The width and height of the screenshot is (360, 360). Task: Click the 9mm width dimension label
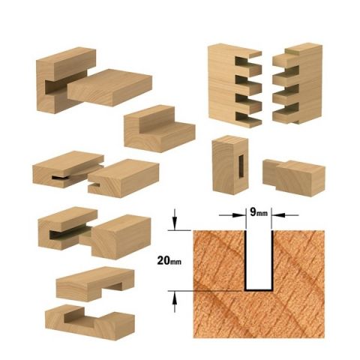[x=259, y=212]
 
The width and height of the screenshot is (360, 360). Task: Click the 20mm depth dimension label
[x=169, y=261]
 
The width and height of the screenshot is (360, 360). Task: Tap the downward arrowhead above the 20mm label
[x=175, y=223]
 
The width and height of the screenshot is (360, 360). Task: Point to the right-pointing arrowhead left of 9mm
[x=238, y=215]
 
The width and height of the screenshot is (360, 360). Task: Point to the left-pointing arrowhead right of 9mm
[x=278, y=215]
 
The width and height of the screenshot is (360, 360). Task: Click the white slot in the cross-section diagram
[x=259, y=260]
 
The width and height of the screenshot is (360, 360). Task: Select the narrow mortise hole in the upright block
[x=241, y=166]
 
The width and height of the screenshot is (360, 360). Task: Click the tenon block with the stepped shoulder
[x=294, y=178]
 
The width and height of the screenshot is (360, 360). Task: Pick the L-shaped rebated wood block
[x=160, y=129]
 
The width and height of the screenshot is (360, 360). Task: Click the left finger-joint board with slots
[x=235, y=85]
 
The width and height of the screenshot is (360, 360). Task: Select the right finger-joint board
[x=298, y=83]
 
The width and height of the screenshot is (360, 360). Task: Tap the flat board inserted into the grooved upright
[x=110, y=87]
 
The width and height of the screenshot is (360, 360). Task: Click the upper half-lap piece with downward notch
[x=95, y=283]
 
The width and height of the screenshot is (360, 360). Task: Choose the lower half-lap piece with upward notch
[x=90, y=322]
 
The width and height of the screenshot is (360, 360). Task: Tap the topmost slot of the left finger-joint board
[x=247, y=62]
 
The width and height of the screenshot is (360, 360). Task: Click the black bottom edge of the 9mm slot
[x=259, y=290]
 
